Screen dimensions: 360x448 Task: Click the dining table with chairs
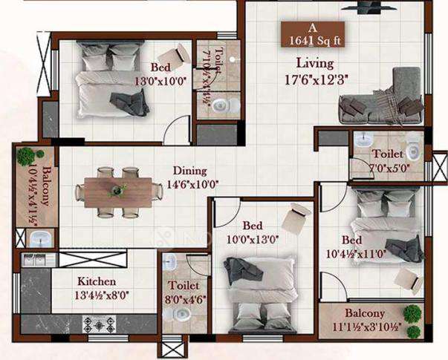(118, 192)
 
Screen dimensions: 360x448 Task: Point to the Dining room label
(190, 170)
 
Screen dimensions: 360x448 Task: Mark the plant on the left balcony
(26, 156)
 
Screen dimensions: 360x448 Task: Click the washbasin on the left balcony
(39, 238)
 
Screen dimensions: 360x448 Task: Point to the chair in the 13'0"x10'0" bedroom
(181, 53)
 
